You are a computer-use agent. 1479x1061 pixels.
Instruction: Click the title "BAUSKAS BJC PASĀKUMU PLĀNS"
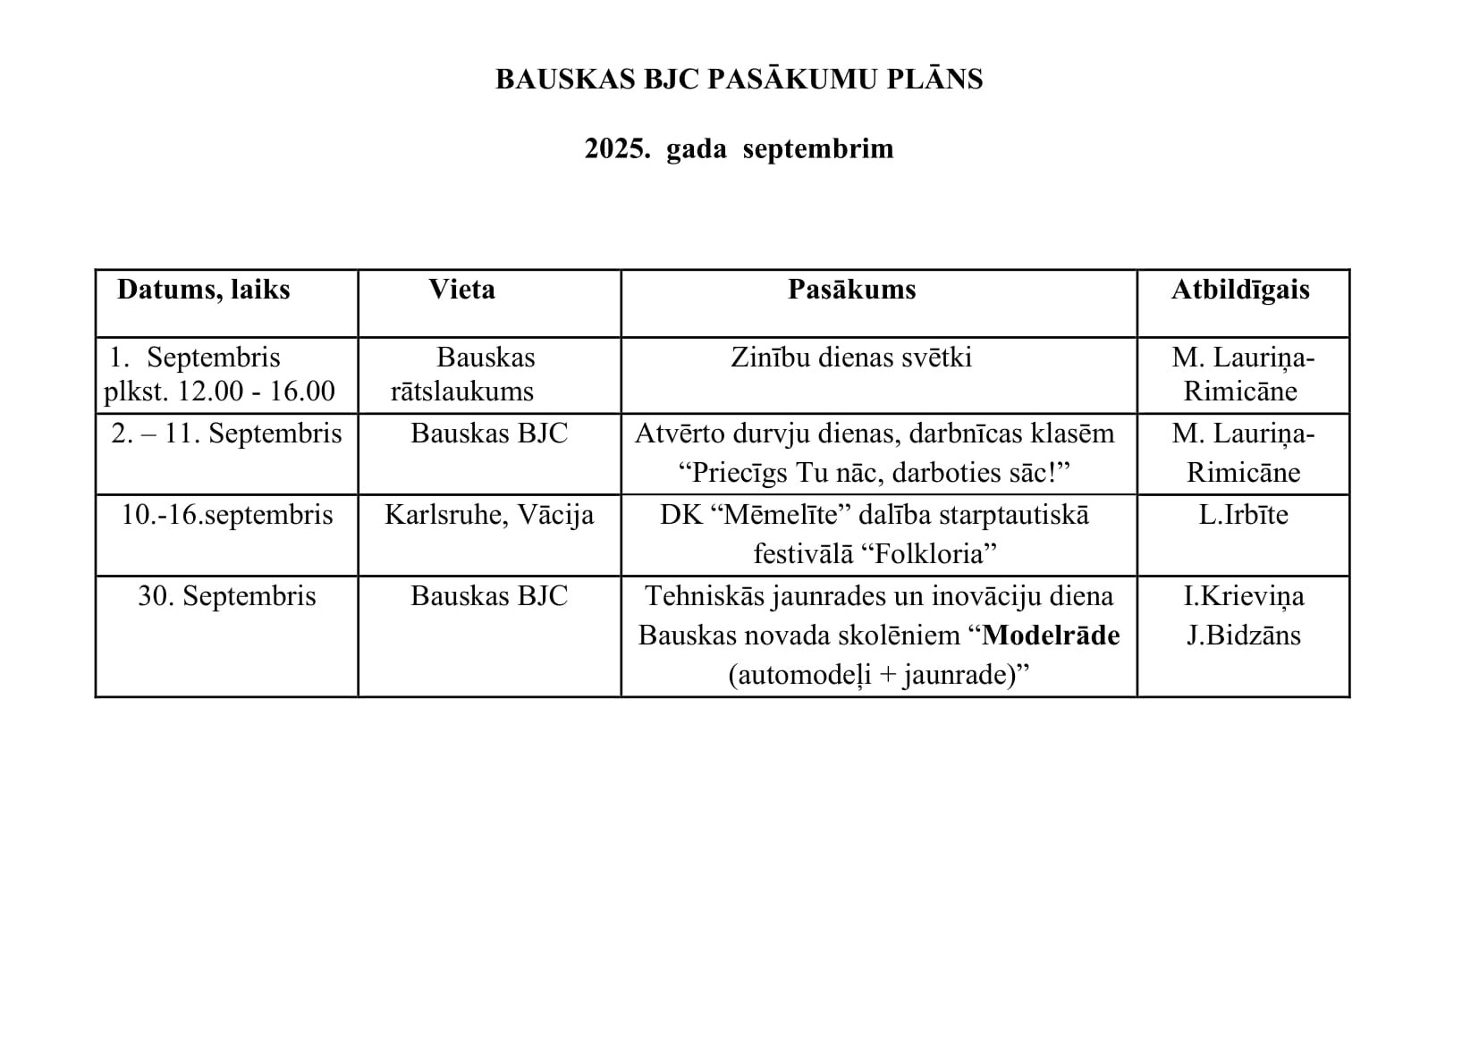[x=739, y=80]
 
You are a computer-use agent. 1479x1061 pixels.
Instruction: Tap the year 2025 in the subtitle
[x=617, y=148]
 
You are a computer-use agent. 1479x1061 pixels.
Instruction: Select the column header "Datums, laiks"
[x=204, y=290]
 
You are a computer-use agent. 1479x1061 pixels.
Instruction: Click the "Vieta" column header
[x=461, y=290]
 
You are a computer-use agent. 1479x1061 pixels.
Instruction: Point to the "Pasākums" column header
[x=851, y=290]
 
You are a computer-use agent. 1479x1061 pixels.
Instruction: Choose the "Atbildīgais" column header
[x=1240, y=290]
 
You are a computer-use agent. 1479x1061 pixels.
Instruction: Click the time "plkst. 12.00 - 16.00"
[x=220, y=392]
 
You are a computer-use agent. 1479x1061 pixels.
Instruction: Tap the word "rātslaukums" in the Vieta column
[x=462, y=392]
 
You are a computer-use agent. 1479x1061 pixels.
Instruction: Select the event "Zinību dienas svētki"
[x=851, y=358]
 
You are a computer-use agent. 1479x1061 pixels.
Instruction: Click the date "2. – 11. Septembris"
[x=226, y=434]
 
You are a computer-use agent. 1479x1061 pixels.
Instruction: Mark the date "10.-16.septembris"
[x=227, y=515]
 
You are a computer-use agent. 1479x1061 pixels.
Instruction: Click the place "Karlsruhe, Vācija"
[x=489, y=515]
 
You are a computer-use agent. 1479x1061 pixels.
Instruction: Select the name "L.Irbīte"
[x=1243, y=515]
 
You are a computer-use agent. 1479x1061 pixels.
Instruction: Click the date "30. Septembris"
[x=227, y=596]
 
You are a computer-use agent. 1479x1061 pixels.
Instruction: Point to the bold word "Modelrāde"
[x=1051, y=636]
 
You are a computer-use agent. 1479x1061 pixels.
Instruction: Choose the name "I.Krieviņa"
[x=1244, y=596]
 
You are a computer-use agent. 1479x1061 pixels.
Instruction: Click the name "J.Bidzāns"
[x=1244, y=636]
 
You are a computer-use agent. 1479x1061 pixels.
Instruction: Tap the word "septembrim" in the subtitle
[x=818, y=148]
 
